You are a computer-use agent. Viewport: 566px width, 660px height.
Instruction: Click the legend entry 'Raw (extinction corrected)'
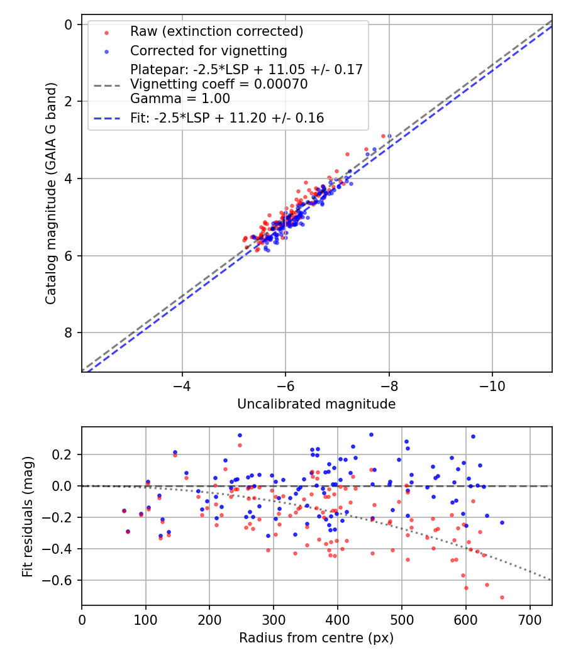click(216, 31)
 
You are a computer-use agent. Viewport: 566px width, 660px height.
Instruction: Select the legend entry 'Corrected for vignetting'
click(208, 51)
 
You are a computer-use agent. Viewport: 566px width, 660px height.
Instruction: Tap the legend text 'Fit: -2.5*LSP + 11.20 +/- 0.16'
click(227, 118)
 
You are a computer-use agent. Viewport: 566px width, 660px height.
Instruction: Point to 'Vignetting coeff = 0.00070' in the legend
click(219, 84)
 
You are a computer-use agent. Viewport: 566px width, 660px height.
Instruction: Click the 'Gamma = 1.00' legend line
click(180, 99)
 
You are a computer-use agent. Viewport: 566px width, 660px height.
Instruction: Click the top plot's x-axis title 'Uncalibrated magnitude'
click(316, 404)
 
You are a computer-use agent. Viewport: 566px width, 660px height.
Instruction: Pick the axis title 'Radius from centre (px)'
click(316, 638)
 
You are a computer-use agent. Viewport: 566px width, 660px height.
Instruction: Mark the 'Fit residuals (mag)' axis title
click(28, 516)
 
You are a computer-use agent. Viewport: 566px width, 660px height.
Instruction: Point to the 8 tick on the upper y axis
click(69, 333)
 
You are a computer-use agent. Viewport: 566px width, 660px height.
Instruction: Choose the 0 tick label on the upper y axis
click(69, 25)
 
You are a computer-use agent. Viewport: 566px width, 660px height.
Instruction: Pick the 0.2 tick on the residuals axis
click(64, 454)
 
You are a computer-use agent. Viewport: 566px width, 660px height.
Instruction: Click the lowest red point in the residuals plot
click(502, 597)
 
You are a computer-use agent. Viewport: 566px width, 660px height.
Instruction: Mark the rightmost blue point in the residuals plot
click(502, 522)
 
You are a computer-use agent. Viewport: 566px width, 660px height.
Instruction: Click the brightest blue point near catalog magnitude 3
click(389, 136)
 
